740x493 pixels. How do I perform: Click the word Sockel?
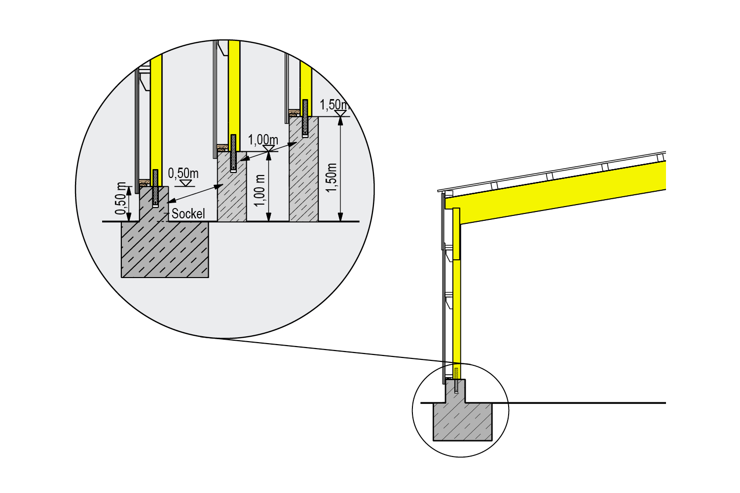[x=188, y=213]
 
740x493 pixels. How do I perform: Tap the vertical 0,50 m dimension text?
[x=120, y=198]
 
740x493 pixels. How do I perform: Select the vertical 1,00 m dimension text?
[x=260, y=190]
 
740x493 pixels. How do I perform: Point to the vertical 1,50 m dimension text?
[x=332, y=177]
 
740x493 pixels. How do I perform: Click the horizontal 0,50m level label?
[x=184, y=173]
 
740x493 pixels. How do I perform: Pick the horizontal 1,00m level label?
[x=263, y=140]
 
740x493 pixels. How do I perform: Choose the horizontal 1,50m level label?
[x=334, y=105]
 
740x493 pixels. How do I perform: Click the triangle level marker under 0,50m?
[x=185, y=183]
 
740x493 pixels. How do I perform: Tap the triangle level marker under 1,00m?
[x=269, y=148]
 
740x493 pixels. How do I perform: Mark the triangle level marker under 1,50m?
[x=340, y=113]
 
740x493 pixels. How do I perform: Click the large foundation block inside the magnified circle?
[x=165, y=249]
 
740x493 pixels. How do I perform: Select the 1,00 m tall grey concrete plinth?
[x=231, y=186]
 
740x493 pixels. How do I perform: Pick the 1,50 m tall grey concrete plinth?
[x=303, y=169]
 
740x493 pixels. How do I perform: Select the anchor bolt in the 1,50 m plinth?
[x=305, y=118]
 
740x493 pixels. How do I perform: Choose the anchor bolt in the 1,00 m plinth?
[x=233, y=153]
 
